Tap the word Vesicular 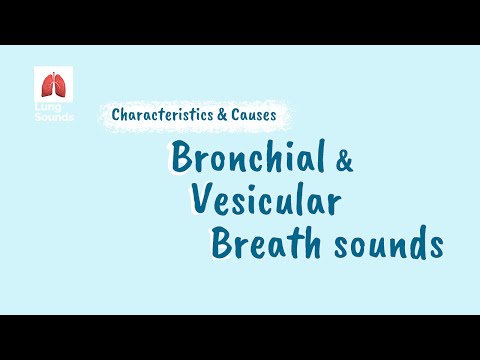[x=265, y=200]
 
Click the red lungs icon [x=53, y=84]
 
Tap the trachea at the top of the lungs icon [x=53, y=75]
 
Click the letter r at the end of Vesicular [x=334, y=203]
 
